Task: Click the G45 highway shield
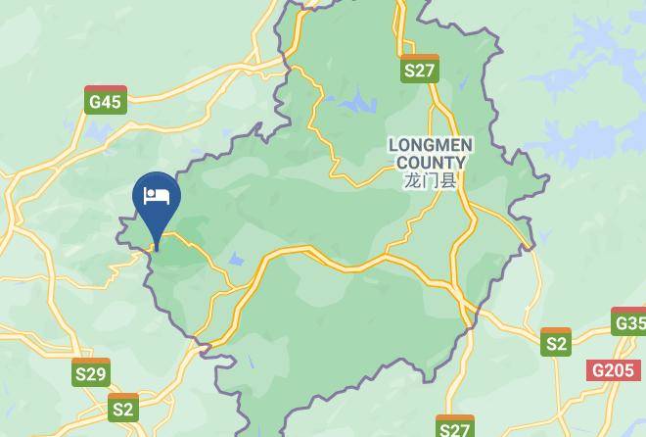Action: [105, 100]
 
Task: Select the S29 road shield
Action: [91, 372]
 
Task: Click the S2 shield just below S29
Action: [123, 408]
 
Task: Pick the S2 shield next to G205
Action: [556, 342]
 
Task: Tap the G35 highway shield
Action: [629, 322]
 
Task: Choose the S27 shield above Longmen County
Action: [419, 69]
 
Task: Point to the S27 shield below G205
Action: [454, 427]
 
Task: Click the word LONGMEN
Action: [430, 145]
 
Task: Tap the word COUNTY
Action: [430, 162]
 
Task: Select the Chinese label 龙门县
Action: [430, 180]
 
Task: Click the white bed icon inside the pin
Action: [157, 195]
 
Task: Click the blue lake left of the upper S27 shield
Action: [358, 101]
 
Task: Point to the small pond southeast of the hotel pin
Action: [235, 261]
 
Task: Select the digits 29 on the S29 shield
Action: [97, 373]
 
